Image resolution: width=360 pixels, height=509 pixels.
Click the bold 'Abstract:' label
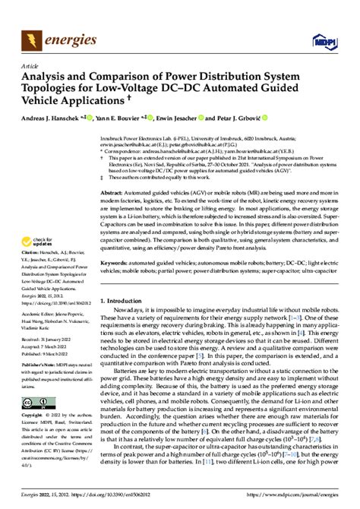[x=113, y=194]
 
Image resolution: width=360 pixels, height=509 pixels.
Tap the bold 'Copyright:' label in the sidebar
[x=33, y=417]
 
